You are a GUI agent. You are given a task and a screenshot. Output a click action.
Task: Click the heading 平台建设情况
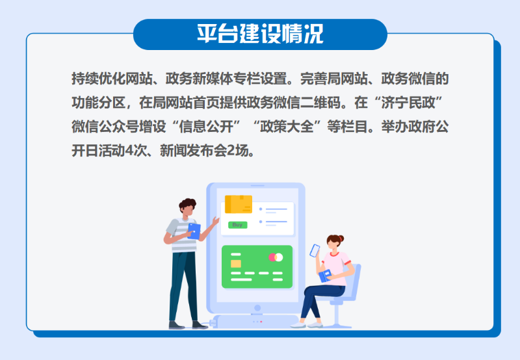pos(260,34)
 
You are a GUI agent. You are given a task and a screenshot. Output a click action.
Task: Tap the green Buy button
pos(237,225)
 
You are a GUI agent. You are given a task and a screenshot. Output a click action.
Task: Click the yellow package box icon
pos(239,204)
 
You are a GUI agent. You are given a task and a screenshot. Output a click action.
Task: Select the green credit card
pos(257,266)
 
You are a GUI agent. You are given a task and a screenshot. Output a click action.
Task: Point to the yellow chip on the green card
pos(236,264)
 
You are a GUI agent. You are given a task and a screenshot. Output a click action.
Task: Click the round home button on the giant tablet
pos(257,308)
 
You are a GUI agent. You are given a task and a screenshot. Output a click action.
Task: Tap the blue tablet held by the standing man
pos(194,231)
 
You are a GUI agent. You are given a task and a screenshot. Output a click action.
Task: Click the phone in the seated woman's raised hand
pos(315,251)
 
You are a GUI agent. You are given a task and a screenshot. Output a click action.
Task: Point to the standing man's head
pos(188,208)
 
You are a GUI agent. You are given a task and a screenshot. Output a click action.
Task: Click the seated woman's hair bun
pos(341,238)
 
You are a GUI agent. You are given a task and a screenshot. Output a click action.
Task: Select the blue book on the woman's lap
pos(325,276)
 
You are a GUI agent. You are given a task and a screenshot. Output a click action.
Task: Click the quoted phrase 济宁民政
pos(408,103)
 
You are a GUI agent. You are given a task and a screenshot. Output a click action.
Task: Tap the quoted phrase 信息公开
pos(206,127)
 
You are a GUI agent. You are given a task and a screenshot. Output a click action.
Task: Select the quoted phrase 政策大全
pos(287,127)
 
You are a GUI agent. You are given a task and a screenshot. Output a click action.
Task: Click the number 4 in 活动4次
pos(129,151)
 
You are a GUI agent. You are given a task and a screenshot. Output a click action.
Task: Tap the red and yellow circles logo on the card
pos(276,257)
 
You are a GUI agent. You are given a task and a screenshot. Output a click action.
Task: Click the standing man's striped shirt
pos(183,235)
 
